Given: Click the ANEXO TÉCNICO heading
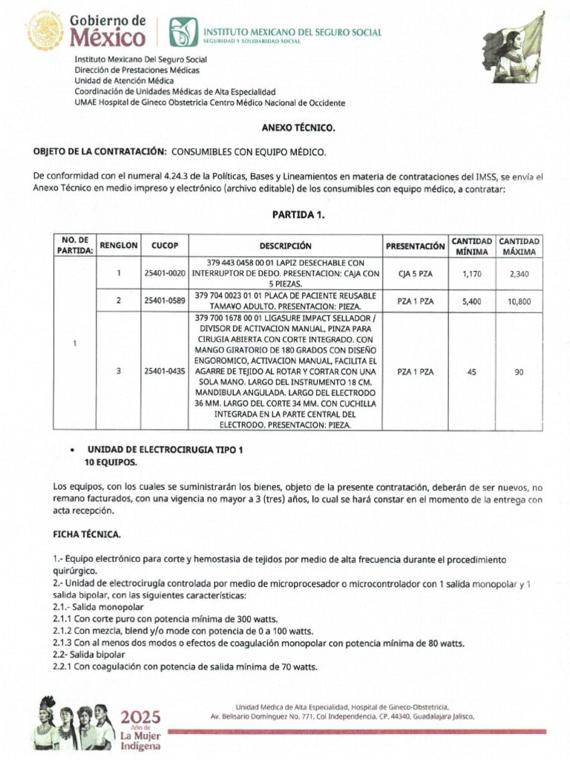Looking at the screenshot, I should point(298,128).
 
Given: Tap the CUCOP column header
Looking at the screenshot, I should point(165,246).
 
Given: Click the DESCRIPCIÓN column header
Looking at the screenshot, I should point(285,246).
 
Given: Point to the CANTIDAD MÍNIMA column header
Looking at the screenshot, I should point(471,246).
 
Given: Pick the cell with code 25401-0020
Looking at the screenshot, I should point(165,273).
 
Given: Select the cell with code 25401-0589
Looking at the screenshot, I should point(165,301).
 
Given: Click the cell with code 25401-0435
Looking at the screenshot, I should point(165,372).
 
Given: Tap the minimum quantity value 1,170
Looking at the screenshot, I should point(471,274).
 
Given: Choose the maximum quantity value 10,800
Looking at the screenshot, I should point(519,301).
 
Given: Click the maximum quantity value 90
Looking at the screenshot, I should point(519,372).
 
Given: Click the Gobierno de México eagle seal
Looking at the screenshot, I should point(45,31).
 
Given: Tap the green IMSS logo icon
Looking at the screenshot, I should point(180,32).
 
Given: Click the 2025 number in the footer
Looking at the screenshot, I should point(140,717).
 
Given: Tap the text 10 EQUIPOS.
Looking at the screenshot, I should point(110,462).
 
